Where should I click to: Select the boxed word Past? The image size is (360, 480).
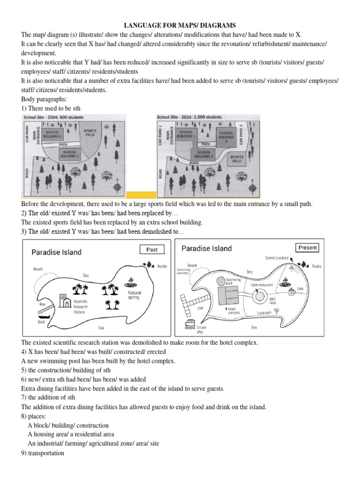point(152,250)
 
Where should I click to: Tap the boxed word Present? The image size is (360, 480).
point(307,247)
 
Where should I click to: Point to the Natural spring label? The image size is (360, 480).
point(134,295)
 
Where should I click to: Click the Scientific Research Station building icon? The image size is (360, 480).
point(62,300)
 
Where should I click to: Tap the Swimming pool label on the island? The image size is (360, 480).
point(233,281)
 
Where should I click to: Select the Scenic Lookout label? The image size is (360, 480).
point(277,258)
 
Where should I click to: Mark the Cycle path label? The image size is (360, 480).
point(264,313)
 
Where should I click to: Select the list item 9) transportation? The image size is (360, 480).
point(43,453)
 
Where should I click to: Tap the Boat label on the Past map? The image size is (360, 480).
point(41,322)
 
